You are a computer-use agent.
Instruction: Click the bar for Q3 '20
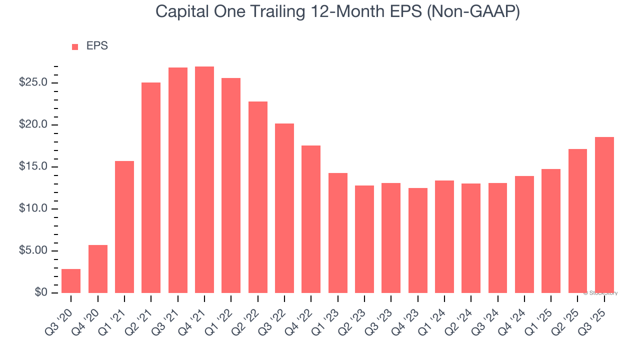pyautogui.click(x=71, y=281)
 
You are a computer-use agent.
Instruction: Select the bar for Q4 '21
pyautogui.click(x=204, y=180)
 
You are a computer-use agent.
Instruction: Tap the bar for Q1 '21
pyautogui.click(x=124, y=227)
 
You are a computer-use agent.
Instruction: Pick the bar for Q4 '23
pyautogui.click(x=417, y=240)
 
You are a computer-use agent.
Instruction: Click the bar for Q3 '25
pyautogui.click(x=604, y=215)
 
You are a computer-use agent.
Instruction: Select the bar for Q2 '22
pyautogui.click(x=257, y=197)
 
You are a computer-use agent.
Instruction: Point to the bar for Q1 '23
pyautogui.click(x=337, y=233)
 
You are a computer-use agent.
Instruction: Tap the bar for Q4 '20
pyautogui.click(x=98, y=269)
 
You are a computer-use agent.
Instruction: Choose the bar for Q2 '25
pyautogui.click(x=577, y=221)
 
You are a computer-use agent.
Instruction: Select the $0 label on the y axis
pyautogui.click(x=41, y=292)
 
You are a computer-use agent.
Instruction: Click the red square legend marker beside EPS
pyautogui.click(x=75, y=46)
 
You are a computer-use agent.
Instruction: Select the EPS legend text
pyautogui.click(x=97, y=46)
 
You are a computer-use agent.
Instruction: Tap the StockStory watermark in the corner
pyautogui.click(x=601, y=293)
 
